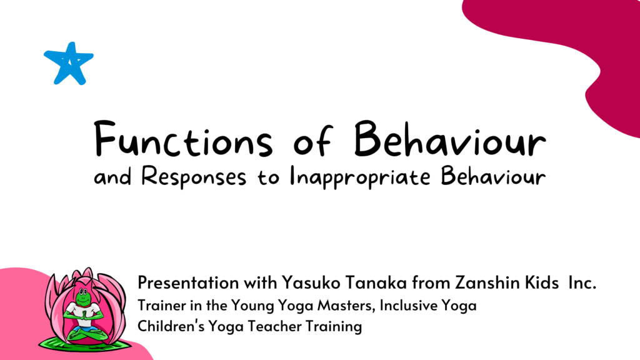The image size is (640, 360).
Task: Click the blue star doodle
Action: [x=69, y=63]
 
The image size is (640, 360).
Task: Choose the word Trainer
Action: [x=159, y=306]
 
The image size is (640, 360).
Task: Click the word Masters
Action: [x=342, y=306]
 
